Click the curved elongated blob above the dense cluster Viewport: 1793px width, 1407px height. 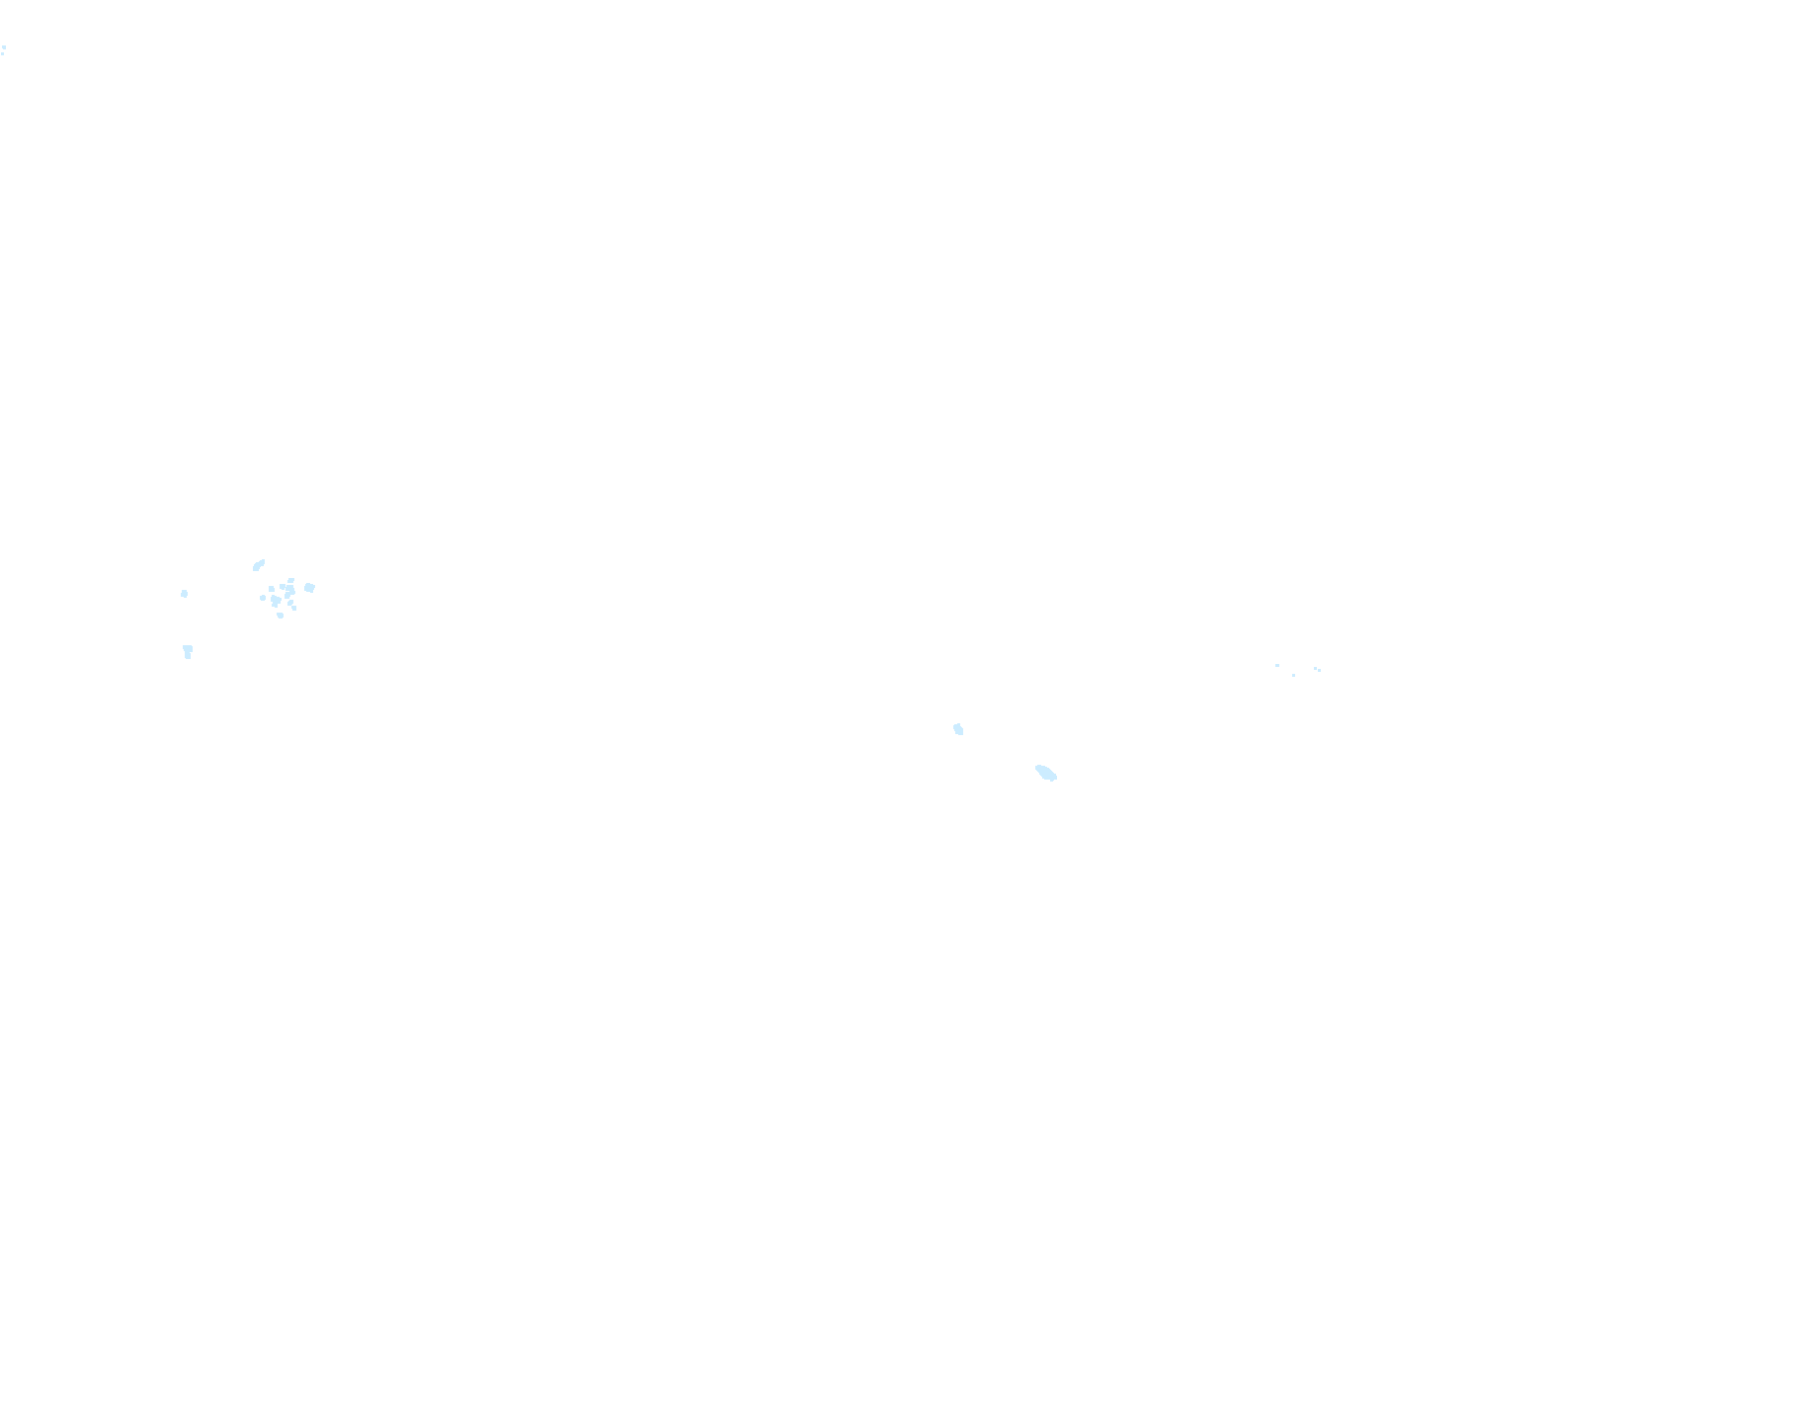[258, 565]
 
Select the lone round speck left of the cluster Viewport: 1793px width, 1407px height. [184, 594]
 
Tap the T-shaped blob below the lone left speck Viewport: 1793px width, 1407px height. [188, 650]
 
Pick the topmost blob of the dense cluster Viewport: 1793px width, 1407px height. [290, 580]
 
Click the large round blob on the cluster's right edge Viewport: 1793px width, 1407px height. [309, 588]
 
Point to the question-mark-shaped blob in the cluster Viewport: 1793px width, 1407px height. [290, 592]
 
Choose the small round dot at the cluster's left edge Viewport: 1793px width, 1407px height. [263, 598]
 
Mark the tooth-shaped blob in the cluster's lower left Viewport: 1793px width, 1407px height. [276, 600]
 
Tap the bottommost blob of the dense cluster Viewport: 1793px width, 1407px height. [281, 616]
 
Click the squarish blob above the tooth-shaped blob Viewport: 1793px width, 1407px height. [272, 589]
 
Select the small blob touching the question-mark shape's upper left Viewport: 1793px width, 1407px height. [283, 587]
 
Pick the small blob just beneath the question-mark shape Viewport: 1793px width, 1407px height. [290, 603]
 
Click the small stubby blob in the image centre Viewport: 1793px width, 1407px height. [958, 729]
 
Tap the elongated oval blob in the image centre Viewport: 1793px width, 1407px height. [1046, 773]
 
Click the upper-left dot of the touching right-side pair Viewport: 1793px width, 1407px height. [1315, 668]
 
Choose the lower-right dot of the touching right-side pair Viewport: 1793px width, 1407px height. [1320, 670]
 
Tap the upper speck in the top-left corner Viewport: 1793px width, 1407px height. [4, 46]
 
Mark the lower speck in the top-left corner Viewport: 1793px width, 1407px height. [2, 52]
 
